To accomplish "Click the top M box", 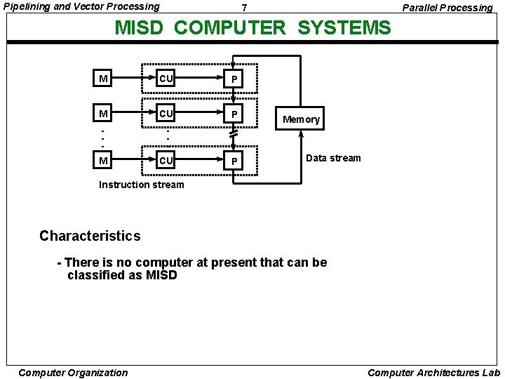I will pyautogui.click(x=103, y=79).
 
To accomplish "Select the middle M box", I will pyautogui.click(x=103, y=113).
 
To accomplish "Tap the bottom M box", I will pyautogui.click(x=103, y=161).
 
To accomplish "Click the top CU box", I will pyautogui.click(x=166, y=78).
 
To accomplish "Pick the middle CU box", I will pyautogui.click(x=166, y=112).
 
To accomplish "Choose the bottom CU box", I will pyautogui.click(x=166, y=160).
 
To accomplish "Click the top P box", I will pyautogui.click(x=234, y=79).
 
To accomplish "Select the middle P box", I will pyautogui.click(x=234, y=113).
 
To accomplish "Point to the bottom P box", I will pyautogui.click(x=234, y=161).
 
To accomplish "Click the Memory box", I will pyautogui.click(x=301, y=119).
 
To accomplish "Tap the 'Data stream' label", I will pyautogui.click(x=333, y=158).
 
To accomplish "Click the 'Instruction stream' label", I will pyautogui.click(x=142, y=185).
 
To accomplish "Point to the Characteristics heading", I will pyautogui.click(x=90, y=236).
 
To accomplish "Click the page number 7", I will pyautogui.click(x=243, y=8).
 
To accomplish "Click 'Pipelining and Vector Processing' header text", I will pyautogui.click(x=81, y=6).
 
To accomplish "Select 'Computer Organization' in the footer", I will pyautogui.click(x=73, y=373).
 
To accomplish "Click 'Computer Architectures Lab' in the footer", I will pyautogui.click(x=433, y=373).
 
